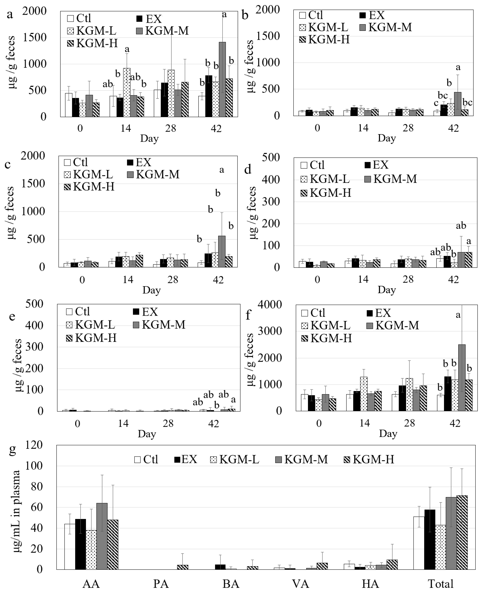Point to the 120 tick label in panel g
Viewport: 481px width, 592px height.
click(x=34, y=445)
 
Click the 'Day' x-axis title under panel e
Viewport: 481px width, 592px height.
click(x=147, y=434)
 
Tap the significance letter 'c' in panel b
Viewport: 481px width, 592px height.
click(x=436, y=103)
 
